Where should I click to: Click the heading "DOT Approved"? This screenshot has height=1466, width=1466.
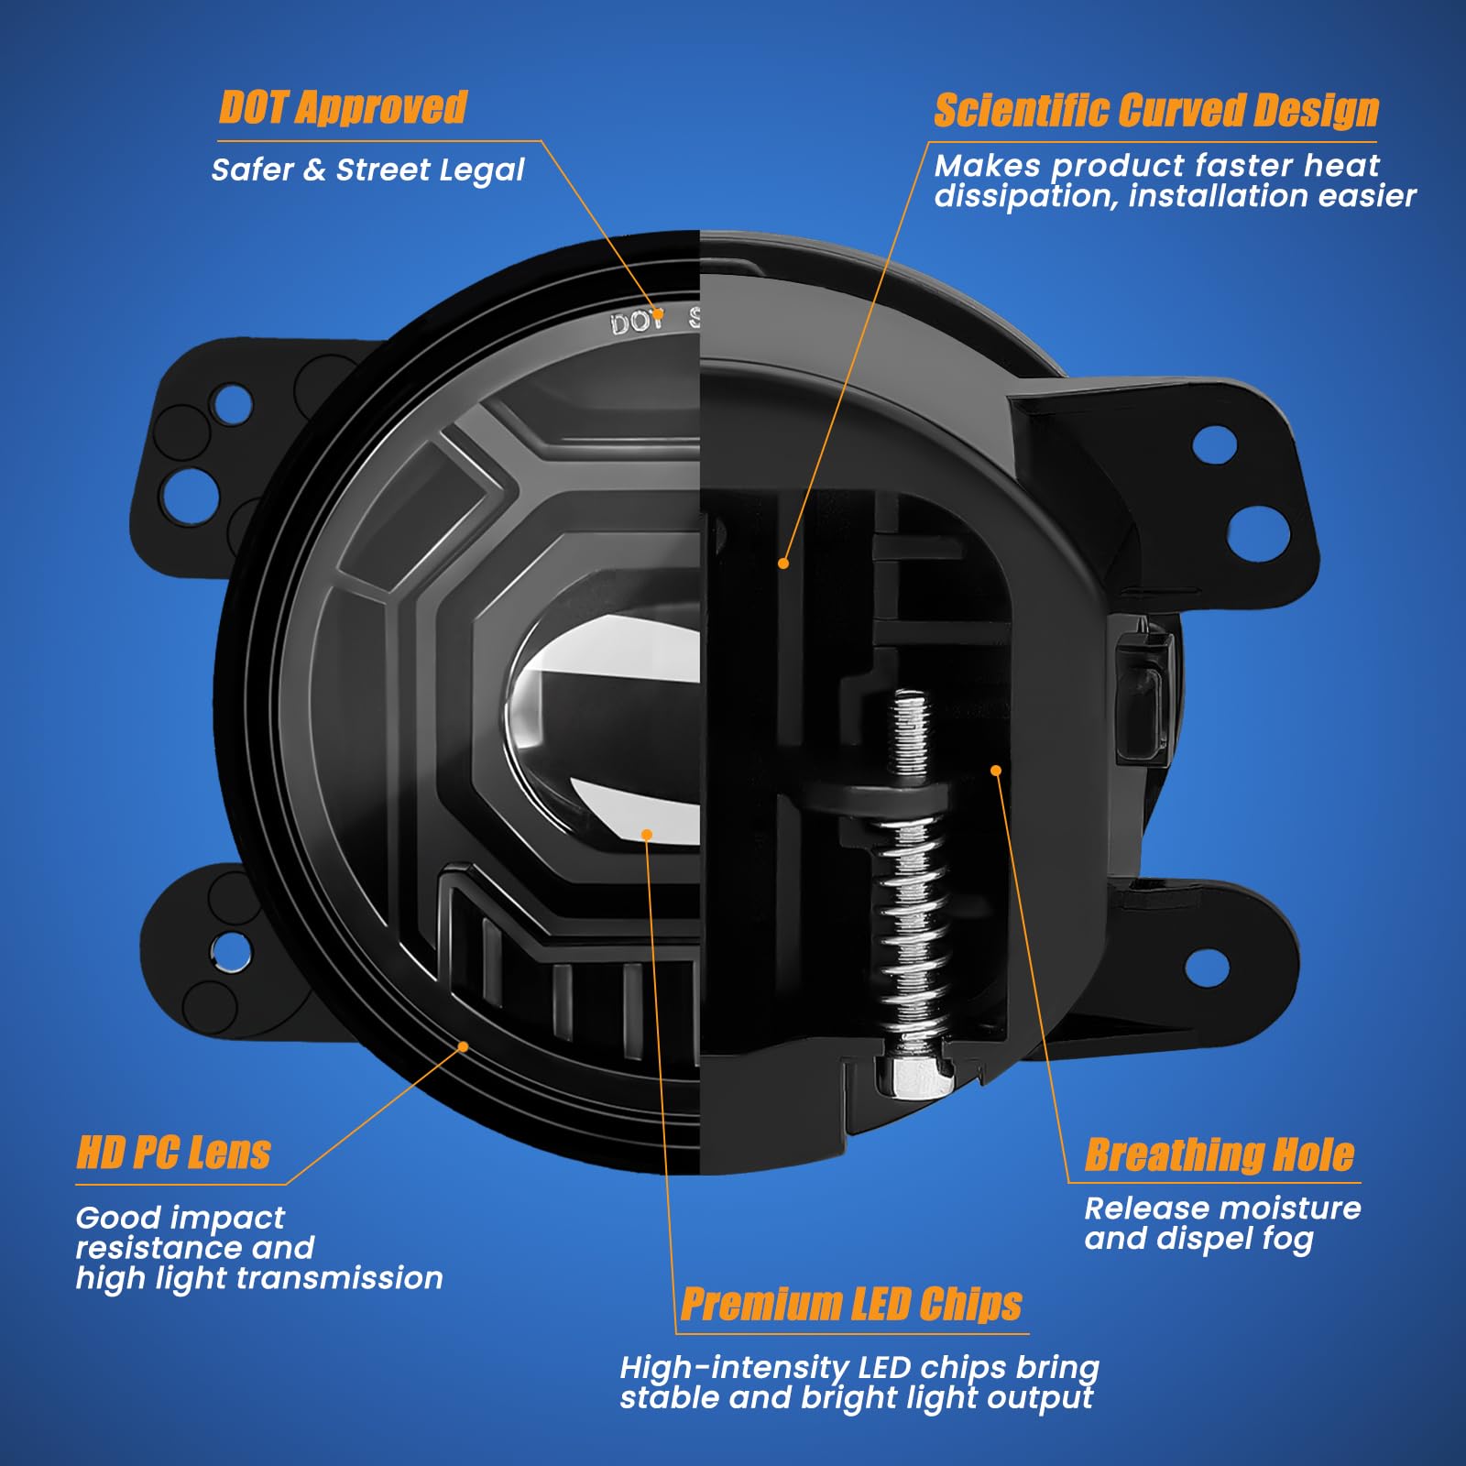click(343, 108)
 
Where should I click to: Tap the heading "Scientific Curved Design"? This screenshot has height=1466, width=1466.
click(1156, 111)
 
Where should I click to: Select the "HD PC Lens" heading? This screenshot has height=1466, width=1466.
click(173, 1153)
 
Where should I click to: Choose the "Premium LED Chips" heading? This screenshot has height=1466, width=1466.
click(852, 1304)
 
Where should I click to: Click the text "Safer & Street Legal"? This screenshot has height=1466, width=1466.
click(367, 170)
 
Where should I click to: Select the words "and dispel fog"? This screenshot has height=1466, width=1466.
click(1198, 1239)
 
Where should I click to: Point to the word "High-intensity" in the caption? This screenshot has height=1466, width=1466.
click(735, 1368)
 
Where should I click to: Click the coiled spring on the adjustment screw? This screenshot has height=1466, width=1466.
click(910, 925)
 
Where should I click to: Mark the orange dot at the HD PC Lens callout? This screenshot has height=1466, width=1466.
click(463, 1046)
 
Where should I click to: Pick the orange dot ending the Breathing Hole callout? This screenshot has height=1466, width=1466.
click(996, 771)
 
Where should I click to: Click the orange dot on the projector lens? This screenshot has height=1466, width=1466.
click(647, 835)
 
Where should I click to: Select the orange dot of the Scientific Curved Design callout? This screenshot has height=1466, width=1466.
click(783, 563)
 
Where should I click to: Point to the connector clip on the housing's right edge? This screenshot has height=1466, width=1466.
click(1145, 692)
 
